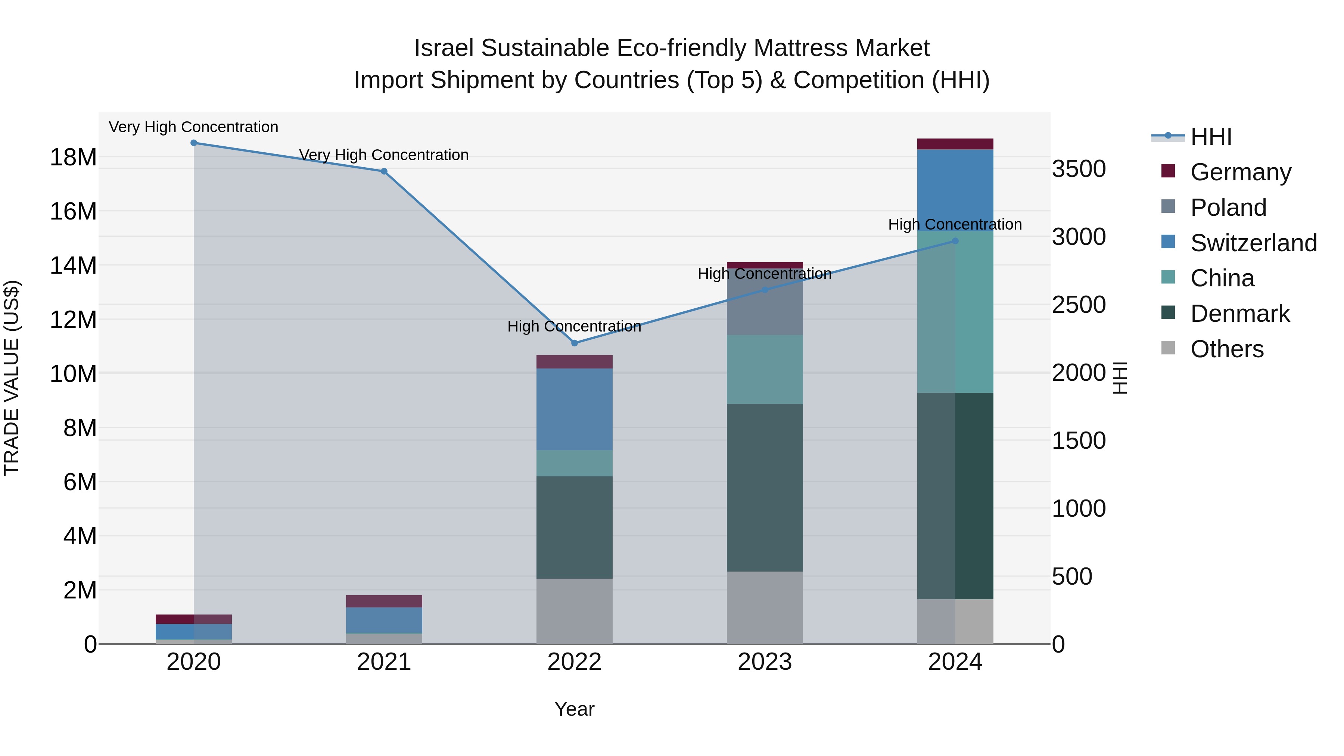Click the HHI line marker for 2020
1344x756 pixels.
pos(193,143)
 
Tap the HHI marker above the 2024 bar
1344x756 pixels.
pos(955,241)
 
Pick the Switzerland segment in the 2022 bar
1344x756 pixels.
pos(575,409)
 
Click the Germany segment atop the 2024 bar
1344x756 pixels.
pos(955,144)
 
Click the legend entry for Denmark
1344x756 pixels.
pos(1239,314)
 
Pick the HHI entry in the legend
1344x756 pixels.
pos(1210,137)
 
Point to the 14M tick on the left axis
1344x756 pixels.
pos(73,265)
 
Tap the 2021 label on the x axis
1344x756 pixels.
pos(384,662)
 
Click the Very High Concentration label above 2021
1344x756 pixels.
pos(384,155)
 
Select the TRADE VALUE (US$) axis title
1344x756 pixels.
pos(12,378)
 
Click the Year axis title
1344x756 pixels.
pos(575,709)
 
